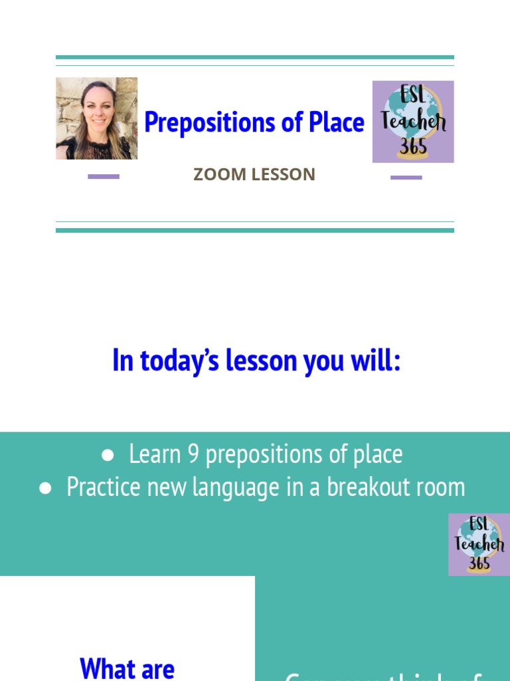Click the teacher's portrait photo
(x=96, y=118)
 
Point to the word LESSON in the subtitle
(x=282, y=175)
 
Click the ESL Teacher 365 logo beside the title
(x=413, y=122)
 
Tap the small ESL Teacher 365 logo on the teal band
(x=479, y=544)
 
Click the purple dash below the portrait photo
(x=104, y=177)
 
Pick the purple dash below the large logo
(x=406, y=178)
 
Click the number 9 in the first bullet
(x=193, y=454)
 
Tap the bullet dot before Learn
(x=108, y=455)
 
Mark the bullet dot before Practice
(x=45, y=487)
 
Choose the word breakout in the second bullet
(x=366, y=487)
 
